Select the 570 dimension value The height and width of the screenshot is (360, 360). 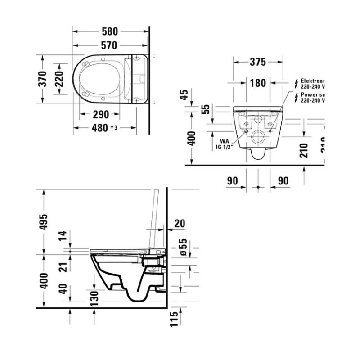coord(109,45)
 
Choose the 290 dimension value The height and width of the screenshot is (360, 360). coord(102,114)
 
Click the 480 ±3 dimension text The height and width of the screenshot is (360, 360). coord(104,128)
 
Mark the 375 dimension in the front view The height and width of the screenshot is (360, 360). coord(257,62)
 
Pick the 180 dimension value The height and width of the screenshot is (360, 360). coord(257,83)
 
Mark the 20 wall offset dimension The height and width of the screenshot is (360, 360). coord(179,224)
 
